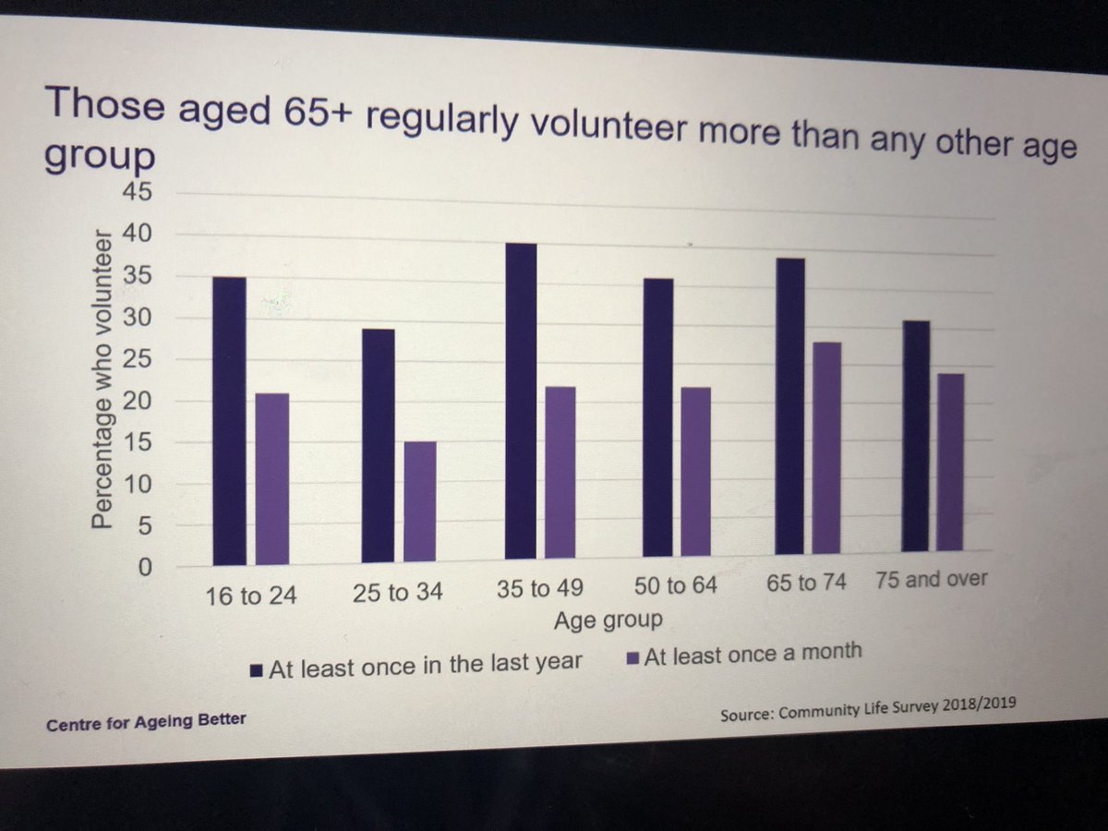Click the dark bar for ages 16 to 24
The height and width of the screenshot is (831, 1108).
coord(229,420)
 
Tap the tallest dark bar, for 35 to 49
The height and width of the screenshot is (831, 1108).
coord(520,402)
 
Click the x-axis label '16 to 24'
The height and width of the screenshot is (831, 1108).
coord(251,596)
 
